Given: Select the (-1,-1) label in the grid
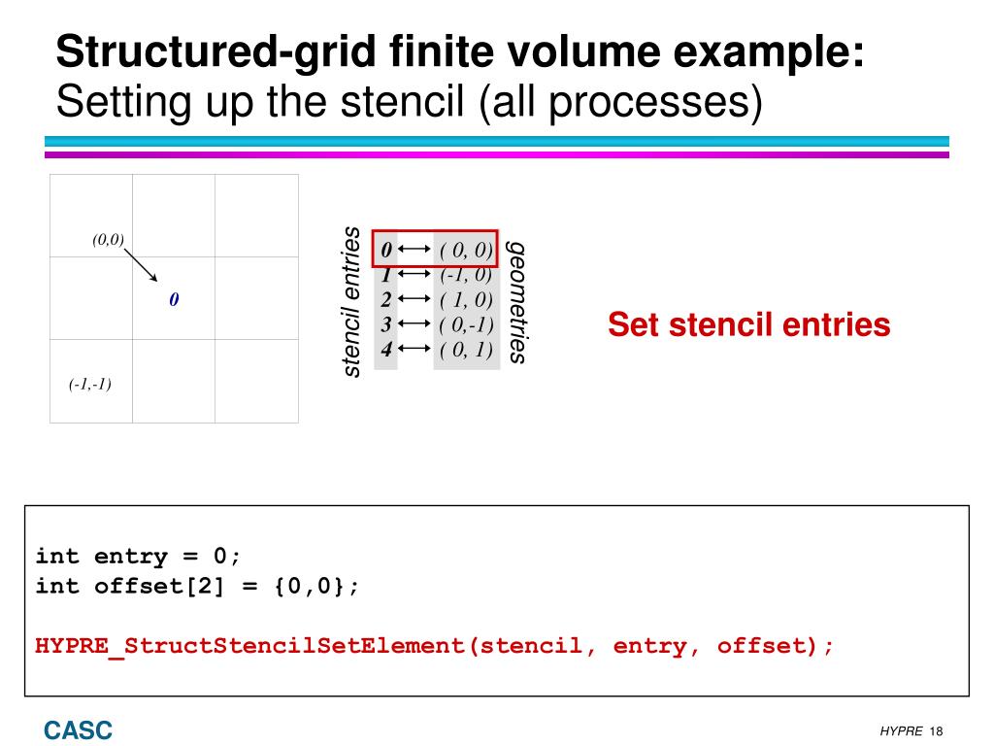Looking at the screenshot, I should click(x=90, y=384).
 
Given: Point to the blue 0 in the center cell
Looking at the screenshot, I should click(x=174, y=300).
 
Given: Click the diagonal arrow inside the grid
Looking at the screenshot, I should click(x=142, y=264).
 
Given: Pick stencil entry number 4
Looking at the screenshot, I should click(x=386, y=349).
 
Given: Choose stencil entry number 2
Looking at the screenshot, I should click(x=386, y=299).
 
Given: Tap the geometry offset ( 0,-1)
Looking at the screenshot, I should click(x=466, y=324).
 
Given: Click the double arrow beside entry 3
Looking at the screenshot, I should click(x=414, y=324).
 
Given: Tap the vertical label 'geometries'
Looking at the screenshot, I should click(x=518, y=303).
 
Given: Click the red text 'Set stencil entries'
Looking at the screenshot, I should click(x=748, y=324).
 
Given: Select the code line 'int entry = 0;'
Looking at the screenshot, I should click(x=137, y=557).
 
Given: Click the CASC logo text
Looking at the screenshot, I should click(x=77, y=729).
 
